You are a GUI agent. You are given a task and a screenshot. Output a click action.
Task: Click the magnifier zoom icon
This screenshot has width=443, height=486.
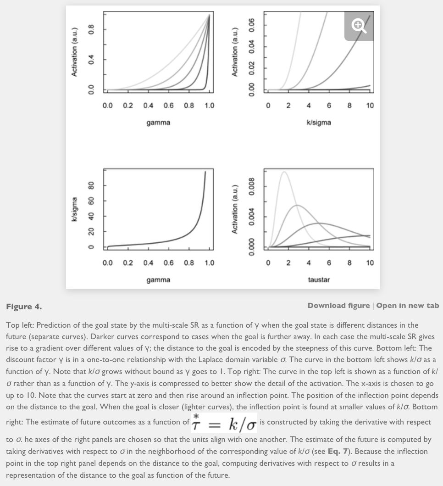pos(359,26)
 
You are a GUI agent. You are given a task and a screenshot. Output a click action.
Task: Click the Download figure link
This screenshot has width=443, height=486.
pos(338,306)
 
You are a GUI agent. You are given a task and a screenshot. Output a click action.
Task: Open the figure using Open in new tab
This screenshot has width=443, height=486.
pos(408,306)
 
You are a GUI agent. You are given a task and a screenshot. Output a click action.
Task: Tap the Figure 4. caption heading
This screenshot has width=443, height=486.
pos(23,306)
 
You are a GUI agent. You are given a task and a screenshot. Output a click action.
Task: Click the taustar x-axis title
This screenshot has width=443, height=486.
pos(319,279)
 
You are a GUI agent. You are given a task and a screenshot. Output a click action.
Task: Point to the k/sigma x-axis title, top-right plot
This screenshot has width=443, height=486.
pos(319,123)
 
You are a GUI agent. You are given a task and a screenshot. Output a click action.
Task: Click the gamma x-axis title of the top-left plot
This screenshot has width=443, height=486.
pos(158,123)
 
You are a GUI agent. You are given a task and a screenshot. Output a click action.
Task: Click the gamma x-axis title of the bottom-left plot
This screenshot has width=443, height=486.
pos(158,279)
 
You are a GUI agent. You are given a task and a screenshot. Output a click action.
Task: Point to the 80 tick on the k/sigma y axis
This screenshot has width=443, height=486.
pos(92,186)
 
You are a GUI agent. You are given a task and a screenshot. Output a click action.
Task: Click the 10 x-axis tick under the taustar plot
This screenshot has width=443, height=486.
pos(370,263)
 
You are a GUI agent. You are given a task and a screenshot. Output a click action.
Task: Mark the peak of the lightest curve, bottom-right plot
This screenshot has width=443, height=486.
pos(284,172)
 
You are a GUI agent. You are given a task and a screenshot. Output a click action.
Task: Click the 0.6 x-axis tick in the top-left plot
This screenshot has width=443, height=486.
pos(168,106)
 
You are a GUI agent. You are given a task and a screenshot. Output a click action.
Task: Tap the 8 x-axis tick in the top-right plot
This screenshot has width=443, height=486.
pos(349,106)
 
